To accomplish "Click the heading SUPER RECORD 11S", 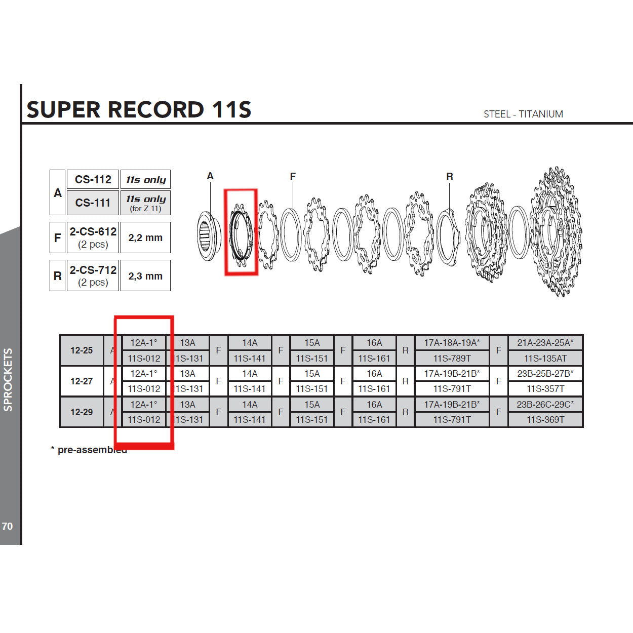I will coord(139,109).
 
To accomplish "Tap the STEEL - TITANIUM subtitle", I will coord(523,114).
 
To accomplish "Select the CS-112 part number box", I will coord(93,179).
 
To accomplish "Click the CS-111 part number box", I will coord(93,203).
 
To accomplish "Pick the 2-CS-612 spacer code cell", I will coord(93,237).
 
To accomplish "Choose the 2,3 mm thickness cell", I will coord(145,276).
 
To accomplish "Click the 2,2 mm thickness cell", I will coord(145,238).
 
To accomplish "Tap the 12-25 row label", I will coord(82,350).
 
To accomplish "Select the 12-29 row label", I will coord(82,412).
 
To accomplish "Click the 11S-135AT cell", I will coord(545,359).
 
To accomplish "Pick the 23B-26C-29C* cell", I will coord(545,404).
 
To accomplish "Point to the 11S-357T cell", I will coord(545,389).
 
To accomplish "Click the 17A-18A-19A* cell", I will coord(452,343).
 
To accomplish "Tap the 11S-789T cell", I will coord(452,359).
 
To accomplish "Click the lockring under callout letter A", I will coord(208,236).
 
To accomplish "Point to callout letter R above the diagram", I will coord(450,176).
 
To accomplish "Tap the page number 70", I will coord(7,526).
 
